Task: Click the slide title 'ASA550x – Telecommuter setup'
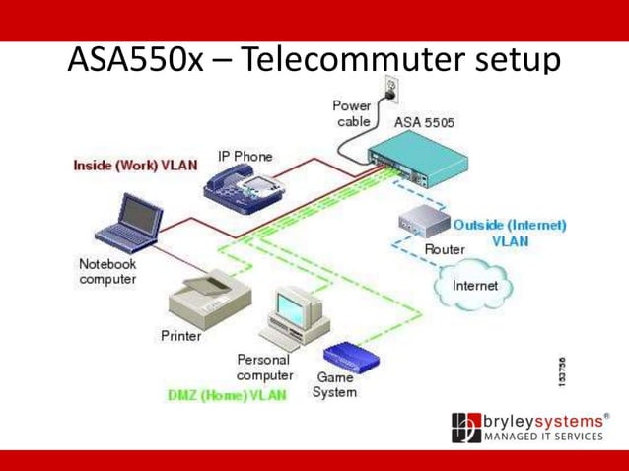tap(314, 60)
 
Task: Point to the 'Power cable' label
tap(352, 113)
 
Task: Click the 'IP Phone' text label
tap(245, 156)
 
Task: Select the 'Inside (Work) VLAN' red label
tap(135, 165)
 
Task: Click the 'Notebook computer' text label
tap(107, 271)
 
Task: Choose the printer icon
tap(207, 297)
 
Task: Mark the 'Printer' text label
tap(180, 335)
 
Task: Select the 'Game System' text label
tap(334, 384)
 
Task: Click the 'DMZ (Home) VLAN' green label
tap(228, 395)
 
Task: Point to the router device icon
tap(423, 225)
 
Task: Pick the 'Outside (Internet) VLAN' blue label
tap(508, 232)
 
